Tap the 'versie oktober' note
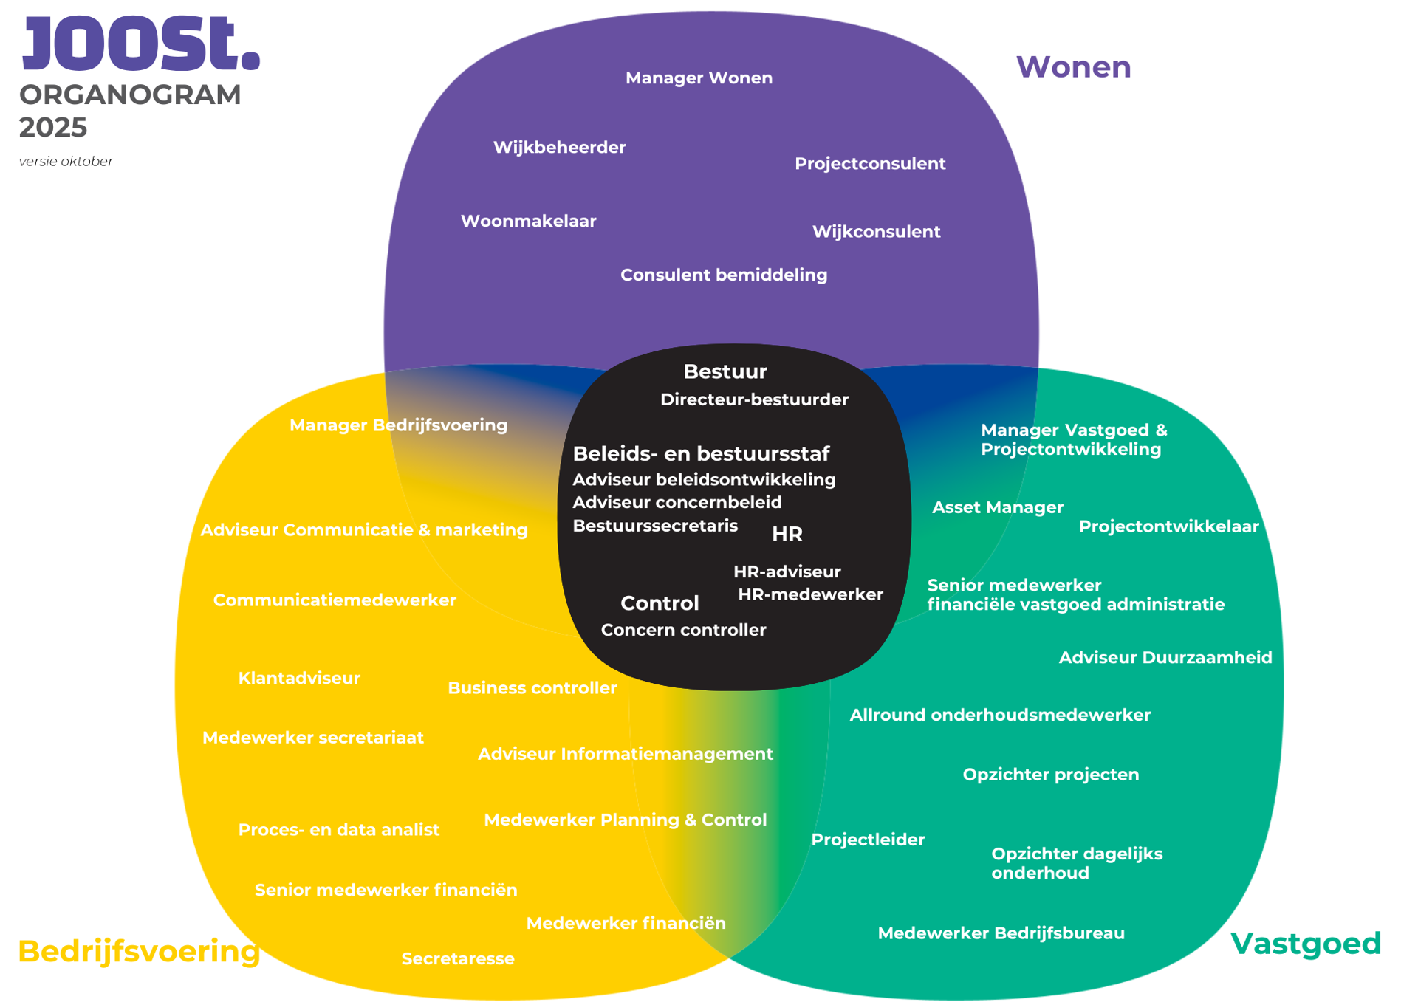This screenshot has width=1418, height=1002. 66,162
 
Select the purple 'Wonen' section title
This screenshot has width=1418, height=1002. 1073,67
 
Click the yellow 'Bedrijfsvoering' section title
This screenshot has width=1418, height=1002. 139,951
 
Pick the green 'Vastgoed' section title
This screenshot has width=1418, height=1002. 1305,944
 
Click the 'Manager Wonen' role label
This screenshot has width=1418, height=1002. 699,78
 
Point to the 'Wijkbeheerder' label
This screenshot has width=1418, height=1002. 559,148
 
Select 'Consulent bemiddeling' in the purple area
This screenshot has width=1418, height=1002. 724,275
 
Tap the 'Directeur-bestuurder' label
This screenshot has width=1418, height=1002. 754,400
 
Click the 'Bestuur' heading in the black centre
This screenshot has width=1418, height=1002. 725,371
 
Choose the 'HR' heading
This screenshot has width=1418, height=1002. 787,534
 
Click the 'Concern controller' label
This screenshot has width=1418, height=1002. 683,631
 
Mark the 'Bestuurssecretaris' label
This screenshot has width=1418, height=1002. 655,526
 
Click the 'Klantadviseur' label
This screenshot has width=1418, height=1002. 299,679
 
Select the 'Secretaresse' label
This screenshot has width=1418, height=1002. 458,959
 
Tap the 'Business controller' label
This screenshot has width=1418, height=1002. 532,688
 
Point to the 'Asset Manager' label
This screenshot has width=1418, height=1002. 997,508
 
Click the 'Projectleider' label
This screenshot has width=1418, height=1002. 868,840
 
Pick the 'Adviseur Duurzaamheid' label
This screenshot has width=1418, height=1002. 1165,658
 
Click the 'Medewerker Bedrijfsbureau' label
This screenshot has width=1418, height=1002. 1001,933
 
